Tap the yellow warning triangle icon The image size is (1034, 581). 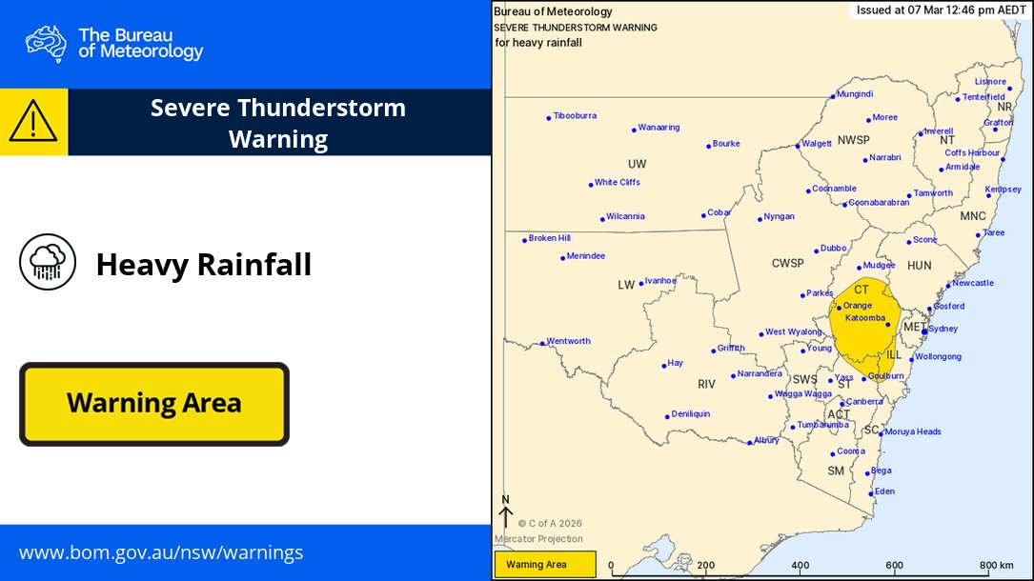[x=33, y=122]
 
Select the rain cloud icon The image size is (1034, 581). [x=48, y=262]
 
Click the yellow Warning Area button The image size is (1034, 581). [x=154, y=404]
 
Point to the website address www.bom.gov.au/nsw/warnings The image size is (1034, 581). [x=161, y=552]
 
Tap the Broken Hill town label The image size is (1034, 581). [x=549, y=238]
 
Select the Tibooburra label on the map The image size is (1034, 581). [x=575, y=116]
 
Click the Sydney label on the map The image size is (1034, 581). [x=943, y=329]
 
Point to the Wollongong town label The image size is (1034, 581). [x=938, y=357]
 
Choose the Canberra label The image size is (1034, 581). [x=865, y=402]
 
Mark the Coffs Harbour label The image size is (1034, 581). [x=972, y=153]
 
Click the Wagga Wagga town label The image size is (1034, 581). [x=803, y=394]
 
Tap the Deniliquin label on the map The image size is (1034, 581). [x=690, y=414]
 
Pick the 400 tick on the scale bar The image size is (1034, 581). [x=801, y=565]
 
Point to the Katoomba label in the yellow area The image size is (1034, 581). [x=865, y=317]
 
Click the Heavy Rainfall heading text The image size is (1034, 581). [x=204, y=264]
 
